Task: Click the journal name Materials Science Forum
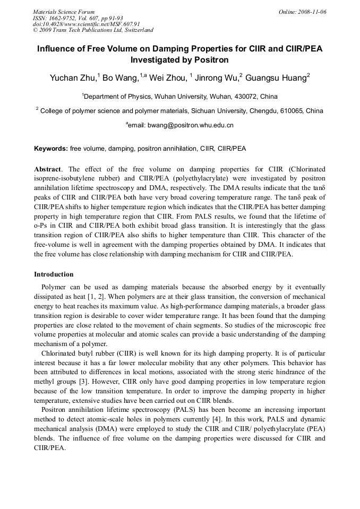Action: point(64,11)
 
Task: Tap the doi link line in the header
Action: point(86,24)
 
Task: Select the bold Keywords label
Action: point(50,149)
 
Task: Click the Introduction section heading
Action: point(54,274)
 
